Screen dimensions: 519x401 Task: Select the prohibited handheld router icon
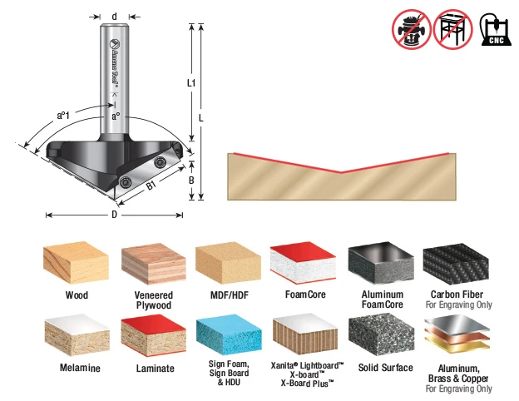(412, 29)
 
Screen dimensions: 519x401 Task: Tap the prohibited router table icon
(453, 29)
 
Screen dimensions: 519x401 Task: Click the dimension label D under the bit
(114, 215)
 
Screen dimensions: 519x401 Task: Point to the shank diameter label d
(114, 17)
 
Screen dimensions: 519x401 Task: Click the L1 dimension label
(191, 83)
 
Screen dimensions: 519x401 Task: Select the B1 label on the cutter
(151, 186)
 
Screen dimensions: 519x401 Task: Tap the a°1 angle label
(63, 116)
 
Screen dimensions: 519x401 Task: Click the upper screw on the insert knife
(160, 162)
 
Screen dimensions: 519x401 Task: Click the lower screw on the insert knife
(126, 182)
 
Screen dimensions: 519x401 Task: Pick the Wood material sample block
(77, 263)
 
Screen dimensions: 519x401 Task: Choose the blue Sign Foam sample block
(229, 337)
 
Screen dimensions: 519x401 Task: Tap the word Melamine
(80, 368)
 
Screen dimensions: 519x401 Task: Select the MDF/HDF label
(230, 295)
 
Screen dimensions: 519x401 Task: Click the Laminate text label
(156, 369)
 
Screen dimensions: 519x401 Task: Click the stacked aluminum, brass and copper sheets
(457, 334)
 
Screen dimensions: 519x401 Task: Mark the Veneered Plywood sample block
(154, 264)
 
